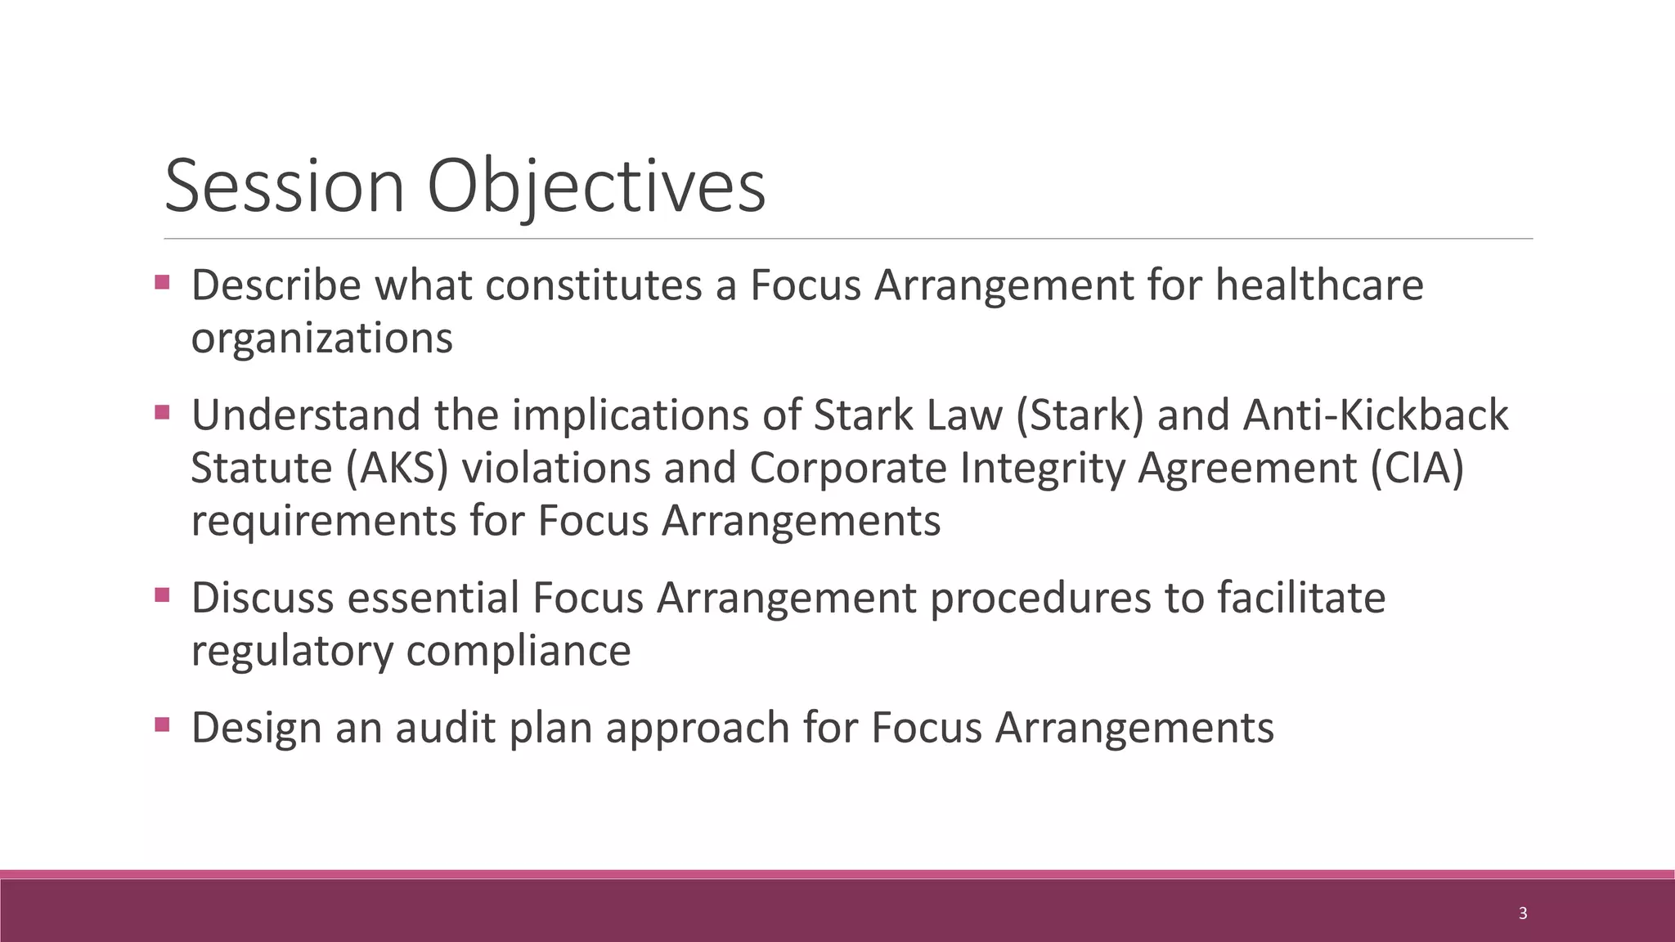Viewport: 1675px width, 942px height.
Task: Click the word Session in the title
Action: click(x=284, y=186)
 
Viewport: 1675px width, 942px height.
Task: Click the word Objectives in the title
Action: click(x=596, y=188)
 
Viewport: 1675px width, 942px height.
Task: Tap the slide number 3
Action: click(x=1522, y=913)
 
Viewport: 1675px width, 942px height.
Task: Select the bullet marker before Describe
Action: click(x=162, y=282)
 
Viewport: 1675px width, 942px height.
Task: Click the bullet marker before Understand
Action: click(x=162, y=412)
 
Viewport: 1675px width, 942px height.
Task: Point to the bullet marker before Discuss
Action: click(x=162, y=594)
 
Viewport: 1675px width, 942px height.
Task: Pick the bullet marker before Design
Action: click(x=162, y=724)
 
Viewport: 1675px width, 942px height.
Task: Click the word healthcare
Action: click(x=1319, y=285)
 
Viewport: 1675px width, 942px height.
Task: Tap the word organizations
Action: click(x=321, y=339)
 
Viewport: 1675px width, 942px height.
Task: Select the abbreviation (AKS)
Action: click(x=397, y=469)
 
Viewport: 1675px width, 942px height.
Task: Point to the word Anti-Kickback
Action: click(x=1376, y=415)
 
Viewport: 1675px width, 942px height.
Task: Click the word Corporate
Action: click(x=848, y=469)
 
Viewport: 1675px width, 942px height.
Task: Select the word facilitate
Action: click(x=1301, y=598)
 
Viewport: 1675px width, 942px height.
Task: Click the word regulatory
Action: click(x=292, y=652)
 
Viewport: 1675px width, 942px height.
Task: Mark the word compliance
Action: click(x=519, y=652)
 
